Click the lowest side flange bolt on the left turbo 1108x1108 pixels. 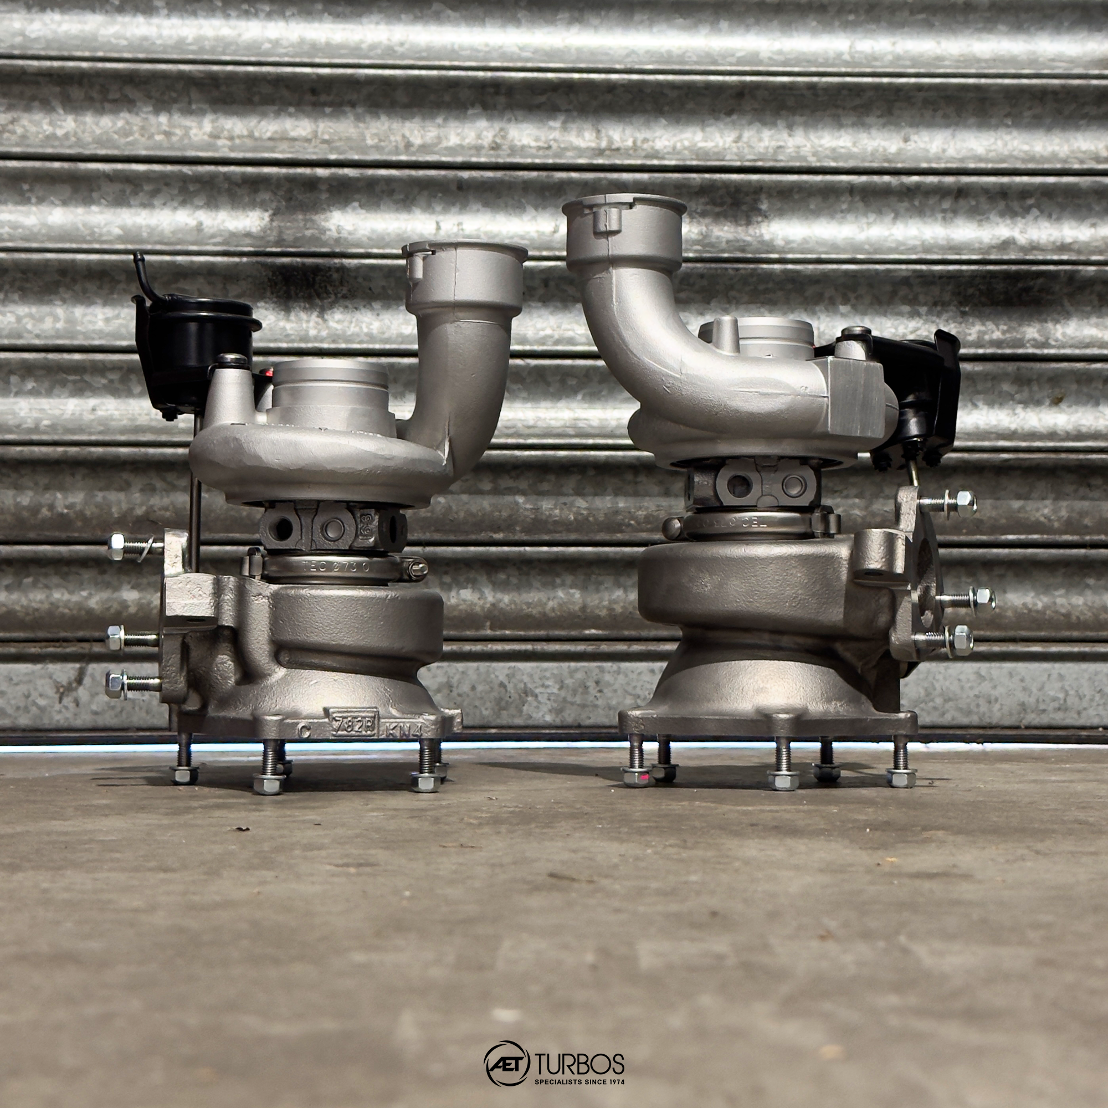[x=129, y=683]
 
